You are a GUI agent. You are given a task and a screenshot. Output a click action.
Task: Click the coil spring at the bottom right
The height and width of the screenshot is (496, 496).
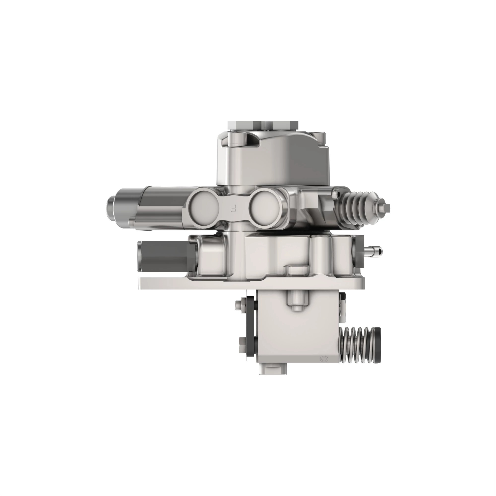pos(357,345)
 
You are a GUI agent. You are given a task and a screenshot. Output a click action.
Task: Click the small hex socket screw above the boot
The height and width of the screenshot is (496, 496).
pos(335,191)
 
